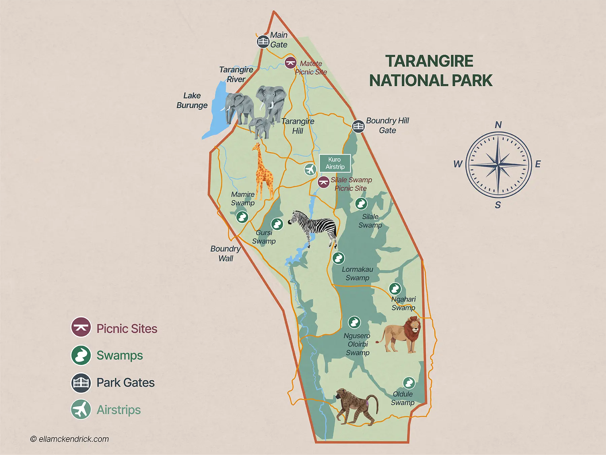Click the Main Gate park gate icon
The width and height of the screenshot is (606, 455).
tap(263, 42)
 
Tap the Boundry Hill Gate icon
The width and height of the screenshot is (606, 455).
tap(358, 126)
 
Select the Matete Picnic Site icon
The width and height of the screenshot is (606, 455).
tap(290, 63)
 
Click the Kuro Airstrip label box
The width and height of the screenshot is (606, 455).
tap(335, 163)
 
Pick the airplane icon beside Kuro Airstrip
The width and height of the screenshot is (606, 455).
tap(310, 169)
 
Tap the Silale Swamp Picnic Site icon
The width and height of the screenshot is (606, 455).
tap(324, 182)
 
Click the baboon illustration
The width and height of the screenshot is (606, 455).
tap(357, 406)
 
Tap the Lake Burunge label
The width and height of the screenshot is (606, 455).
tap(192, 100)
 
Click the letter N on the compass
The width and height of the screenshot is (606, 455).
tap(498, 125)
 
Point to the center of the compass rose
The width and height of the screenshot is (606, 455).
tap(499, 165)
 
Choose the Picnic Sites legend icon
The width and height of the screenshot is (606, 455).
tap(81, 327)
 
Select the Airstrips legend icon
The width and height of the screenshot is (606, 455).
tap(81, 409)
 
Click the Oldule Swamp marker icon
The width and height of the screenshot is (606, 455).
tap(409, 383)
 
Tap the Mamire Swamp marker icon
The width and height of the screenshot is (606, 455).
tap(242, 217)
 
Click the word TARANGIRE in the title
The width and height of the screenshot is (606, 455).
tap(429, 61)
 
